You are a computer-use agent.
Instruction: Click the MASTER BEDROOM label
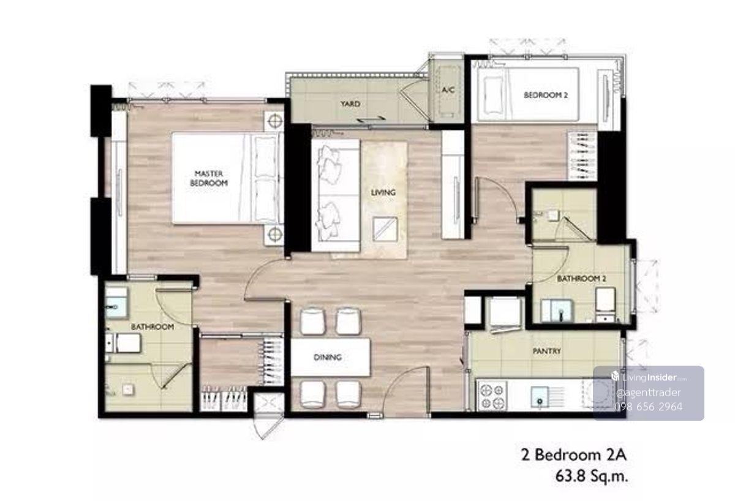click(209, 178)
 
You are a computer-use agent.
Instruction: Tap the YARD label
click(350, 104)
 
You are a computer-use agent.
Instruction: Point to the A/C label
click(448, 89)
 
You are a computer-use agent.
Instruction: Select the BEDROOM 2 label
click(545, 95)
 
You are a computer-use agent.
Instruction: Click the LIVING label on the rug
click(383, 192)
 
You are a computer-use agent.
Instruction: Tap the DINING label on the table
click(328, 357)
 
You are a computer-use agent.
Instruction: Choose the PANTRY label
click(546, 351)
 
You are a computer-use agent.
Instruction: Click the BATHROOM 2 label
click(581, 279)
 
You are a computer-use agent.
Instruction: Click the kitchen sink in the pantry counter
click(539, 397)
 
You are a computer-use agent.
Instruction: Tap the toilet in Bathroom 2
click(605, 304)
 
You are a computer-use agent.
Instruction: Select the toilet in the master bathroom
click(123, 343)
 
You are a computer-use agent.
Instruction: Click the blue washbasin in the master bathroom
click(116, 307)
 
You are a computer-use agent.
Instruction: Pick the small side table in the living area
click(385, 228)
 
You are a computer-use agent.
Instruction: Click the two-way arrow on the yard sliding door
click(371, 119)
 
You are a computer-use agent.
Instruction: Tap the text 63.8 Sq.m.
click(592, 476)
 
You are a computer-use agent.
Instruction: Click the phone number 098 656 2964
click(649, 407)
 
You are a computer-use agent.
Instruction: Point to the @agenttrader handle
click(649, 393)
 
